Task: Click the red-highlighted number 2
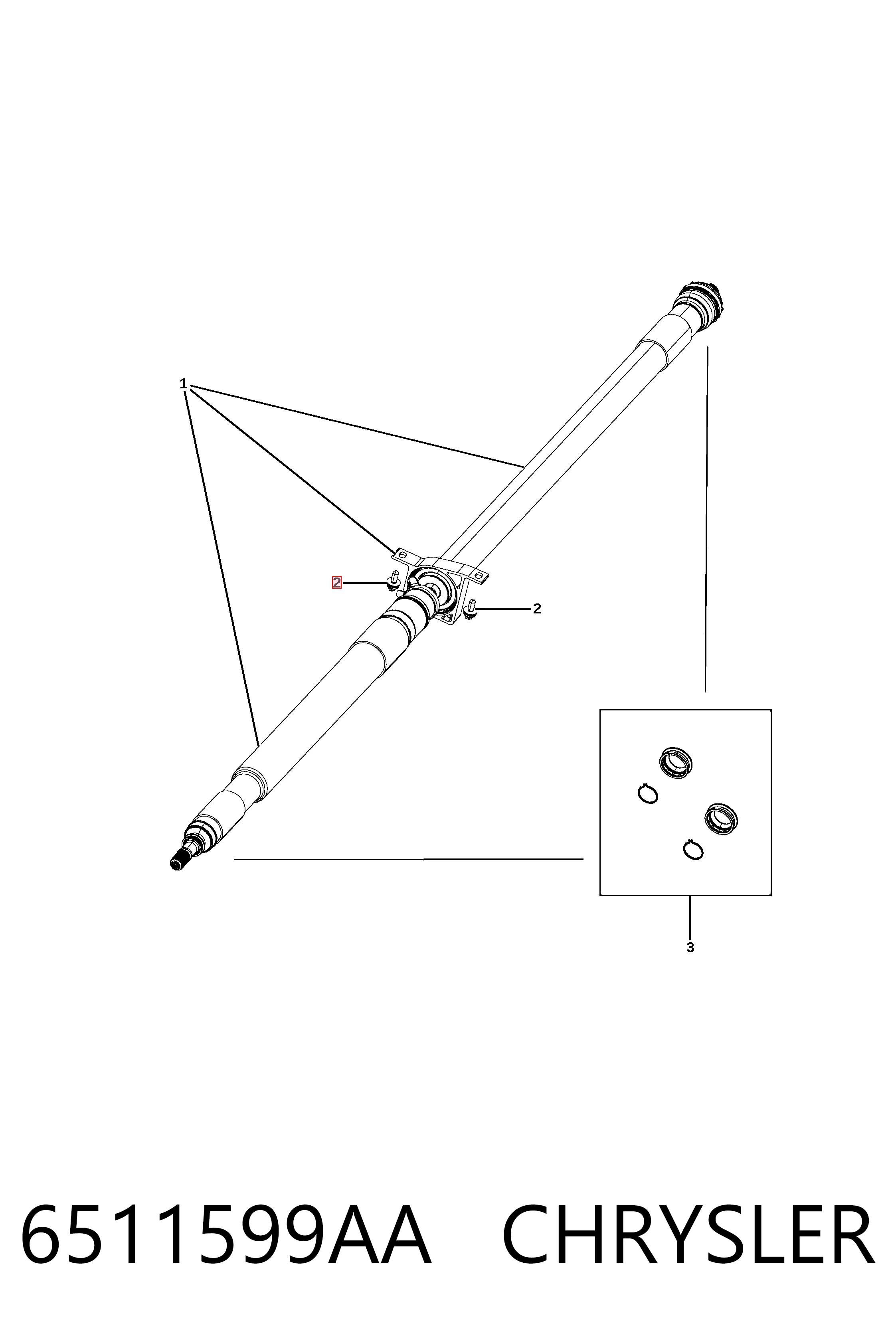[x=337, y=583]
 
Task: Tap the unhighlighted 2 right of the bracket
[x=536, y=609]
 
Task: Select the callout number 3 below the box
[x=690, y=948]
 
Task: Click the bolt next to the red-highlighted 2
[x=392, y=582]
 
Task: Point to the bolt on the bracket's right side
[x=471, y=610]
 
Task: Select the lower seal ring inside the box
[x=721, y=818]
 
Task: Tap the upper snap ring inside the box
[x=647, y=794]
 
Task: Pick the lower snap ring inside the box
[x=693, y=850]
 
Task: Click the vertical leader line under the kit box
[x=690, y=916]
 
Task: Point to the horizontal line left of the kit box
[x=409, y=858]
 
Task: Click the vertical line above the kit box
[x=706, y=519]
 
